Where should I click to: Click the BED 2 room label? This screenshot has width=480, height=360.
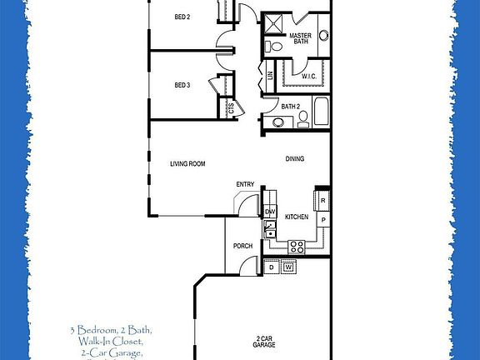click(182, 17)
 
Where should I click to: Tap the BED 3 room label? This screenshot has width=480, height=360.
click(182, 84)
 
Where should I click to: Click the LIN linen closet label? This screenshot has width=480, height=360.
click(270, 76)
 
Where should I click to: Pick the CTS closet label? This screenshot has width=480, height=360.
click(231, 106)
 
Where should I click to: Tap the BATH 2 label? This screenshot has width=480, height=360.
click(290, 107)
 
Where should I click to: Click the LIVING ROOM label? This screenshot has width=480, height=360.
click(187, 164)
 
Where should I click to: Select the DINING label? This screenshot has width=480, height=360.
click(295, 158)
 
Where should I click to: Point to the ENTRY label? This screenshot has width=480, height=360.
click(245, 184)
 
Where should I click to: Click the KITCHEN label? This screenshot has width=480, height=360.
click(297, 217)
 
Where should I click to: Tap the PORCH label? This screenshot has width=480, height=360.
click(242, 246)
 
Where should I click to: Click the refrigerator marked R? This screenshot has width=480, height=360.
click(322, 201)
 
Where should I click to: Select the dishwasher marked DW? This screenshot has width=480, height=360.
click(270, 212)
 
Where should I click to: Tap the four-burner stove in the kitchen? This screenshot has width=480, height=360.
click(296, 246)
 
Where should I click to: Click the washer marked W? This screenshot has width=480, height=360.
click(288, 267)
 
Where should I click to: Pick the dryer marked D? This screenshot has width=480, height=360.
click(270, 267)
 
